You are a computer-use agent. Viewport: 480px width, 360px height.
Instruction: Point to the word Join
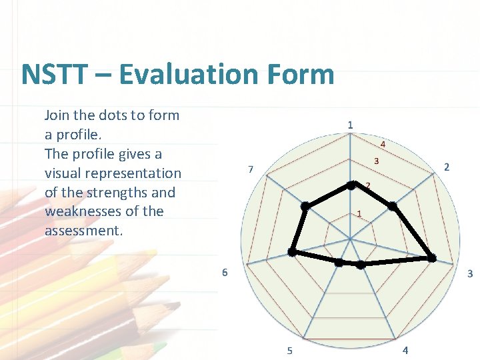click(57, 115)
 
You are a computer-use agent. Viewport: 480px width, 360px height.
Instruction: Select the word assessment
click(82, 231)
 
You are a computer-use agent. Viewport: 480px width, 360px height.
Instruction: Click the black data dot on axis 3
click(431, 258)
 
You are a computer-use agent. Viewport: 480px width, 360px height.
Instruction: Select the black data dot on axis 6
click(291, 251)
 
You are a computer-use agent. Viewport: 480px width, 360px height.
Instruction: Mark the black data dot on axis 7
click(305, 206)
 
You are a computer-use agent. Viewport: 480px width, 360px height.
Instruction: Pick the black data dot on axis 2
click(392, 207)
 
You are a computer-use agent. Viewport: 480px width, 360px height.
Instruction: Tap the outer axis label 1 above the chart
click(350, 125)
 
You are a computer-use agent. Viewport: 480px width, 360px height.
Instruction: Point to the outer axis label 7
click(250, 169)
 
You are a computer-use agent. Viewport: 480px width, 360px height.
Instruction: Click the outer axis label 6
click(225, 272)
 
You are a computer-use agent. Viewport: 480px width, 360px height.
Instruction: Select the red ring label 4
click(383, 144)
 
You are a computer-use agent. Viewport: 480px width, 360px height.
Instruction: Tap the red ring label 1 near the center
click(359, 213)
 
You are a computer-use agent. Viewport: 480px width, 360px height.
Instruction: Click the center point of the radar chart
click(350, 238)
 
